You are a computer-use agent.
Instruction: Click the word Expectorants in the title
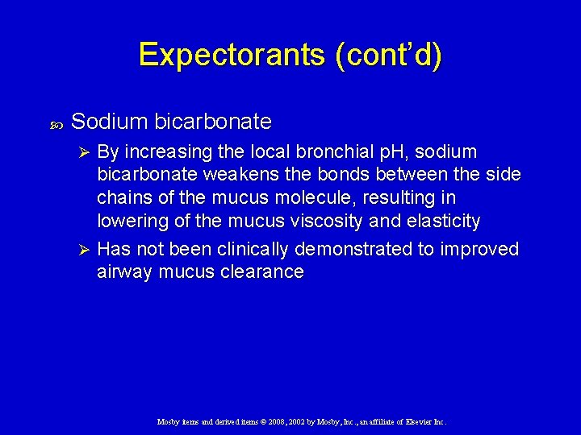(230, 55)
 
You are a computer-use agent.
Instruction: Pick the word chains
(123, 197)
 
